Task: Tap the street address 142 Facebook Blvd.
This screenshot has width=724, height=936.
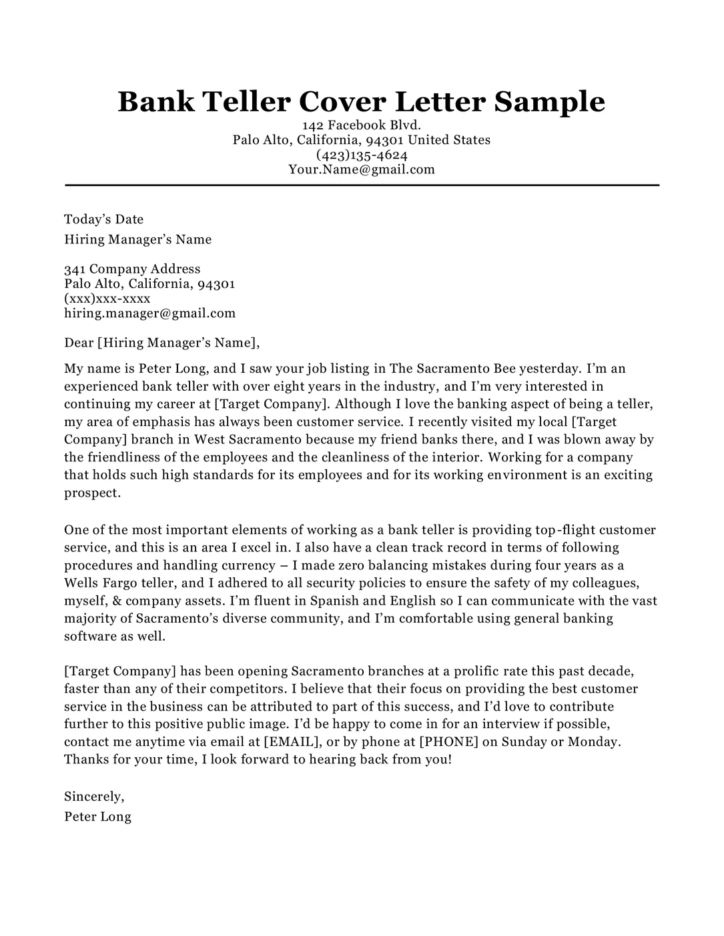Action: click(362, 125)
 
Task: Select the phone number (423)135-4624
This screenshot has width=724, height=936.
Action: click(362, 155)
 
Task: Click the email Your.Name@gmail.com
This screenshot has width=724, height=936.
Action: click(362, 169)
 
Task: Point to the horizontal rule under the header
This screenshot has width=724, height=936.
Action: click(362, 185)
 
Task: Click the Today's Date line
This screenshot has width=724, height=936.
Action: click(103, 219)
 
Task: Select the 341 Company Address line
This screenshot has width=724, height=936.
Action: click(132, 269)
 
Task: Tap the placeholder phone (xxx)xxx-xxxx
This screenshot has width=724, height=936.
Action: click(107, 298)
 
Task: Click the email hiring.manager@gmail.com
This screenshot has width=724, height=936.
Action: click(149, 313)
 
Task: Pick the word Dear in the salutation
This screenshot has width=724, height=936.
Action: click(79, 343)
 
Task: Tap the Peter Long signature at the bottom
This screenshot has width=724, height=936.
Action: click(97, 816)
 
